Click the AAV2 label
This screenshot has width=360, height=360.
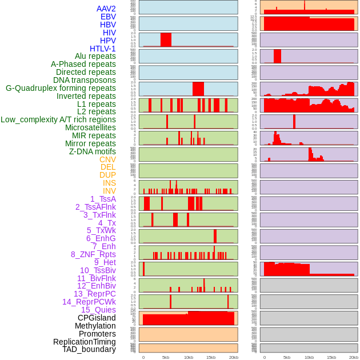[106, 9]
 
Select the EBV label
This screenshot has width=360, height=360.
[108, 17]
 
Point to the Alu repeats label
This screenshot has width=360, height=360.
[95, 56]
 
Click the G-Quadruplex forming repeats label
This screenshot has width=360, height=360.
[61, 88]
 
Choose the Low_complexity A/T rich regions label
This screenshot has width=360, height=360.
[58, 119]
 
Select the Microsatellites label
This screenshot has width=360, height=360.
[90, 127]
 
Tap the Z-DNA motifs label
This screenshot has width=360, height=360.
[93, 151]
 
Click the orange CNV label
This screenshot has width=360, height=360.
[107, 159]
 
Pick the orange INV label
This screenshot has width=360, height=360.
[109, 191]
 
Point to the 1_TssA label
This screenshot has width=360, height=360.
[103, 199]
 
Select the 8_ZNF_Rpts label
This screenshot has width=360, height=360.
[93, 254]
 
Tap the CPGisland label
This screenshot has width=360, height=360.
[97, 318]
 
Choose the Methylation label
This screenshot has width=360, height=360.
[95, 326]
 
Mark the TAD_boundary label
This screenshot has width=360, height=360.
[89, 349]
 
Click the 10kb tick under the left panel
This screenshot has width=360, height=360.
[189, 357]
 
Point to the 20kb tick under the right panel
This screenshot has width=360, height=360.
[354, 357]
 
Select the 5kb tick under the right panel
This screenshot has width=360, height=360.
[287, 357]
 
